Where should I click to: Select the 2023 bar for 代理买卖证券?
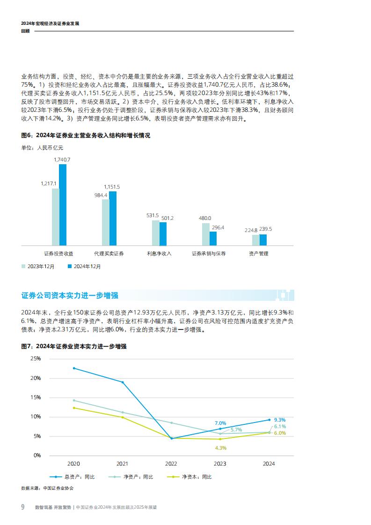pos(105,222)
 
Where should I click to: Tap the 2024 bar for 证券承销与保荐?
pos(213,238)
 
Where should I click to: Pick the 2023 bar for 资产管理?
pos(255,240)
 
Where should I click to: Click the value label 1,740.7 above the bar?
pos(62,160)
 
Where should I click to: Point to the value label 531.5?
pos(153,215)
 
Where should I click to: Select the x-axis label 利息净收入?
pos(159,254)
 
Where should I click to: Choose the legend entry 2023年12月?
pos(38,266)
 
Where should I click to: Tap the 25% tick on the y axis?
pos(35,358)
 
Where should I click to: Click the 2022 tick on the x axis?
pos(171,464)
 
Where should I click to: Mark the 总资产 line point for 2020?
pos(73,368)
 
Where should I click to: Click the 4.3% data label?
pos(220,448)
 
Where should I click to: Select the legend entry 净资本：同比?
pos(192,477)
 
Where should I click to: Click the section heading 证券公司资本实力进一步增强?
pos(70,295)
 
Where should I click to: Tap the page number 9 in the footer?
pos(22,507)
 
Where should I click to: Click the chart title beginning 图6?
pos(86,136)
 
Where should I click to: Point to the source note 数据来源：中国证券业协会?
pos(47,488)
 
